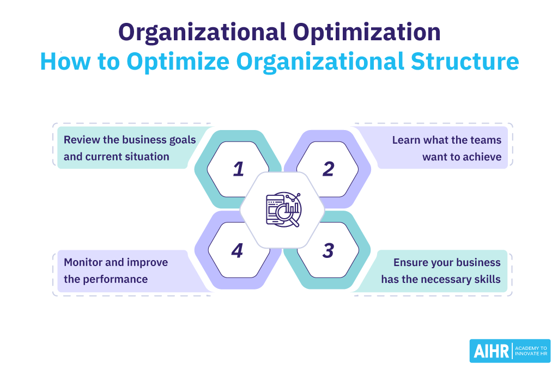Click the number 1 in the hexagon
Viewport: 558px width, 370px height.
coord(239,169)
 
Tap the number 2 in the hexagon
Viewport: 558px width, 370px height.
coord(328,169)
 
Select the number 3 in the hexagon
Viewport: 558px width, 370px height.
coord(328,251)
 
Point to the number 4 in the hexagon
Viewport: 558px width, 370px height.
coord(237,251)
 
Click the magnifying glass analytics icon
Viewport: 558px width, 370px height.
coord(283,209)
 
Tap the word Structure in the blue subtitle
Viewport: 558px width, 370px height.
coord(465,61)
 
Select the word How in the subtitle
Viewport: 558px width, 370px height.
coord(65,61)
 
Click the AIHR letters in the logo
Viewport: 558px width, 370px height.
coord(491,351)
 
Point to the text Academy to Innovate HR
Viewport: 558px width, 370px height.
coord(531,351)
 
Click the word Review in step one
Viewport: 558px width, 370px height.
coord(82,140)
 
